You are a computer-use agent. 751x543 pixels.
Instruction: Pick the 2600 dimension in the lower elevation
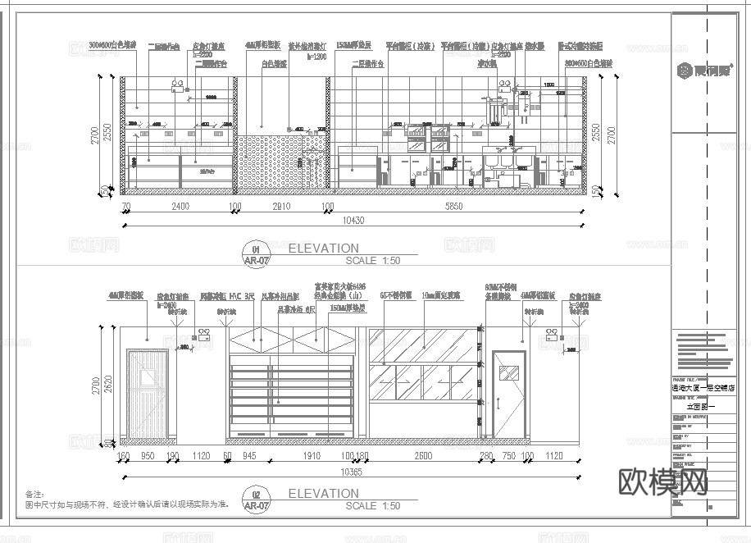click(423, 457)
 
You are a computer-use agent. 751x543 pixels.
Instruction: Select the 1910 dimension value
click(312, 457)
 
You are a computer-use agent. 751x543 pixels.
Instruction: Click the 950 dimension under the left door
click(148, 457)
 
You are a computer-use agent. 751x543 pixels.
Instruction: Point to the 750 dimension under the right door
click(508, 457)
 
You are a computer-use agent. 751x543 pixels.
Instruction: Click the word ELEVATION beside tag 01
click(324, 248)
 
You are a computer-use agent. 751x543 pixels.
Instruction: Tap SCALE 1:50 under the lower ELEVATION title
click(373, 506)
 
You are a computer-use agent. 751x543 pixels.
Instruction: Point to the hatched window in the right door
click(508, 372)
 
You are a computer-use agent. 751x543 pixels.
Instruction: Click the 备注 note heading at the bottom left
click(34, 495)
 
